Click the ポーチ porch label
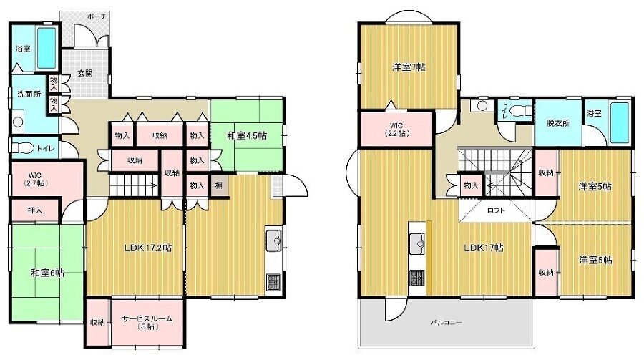coord(97,16)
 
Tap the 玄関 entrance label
coord(85,73)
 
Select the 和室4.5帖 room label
coord(247,135)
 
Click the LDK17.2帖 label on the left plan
coord(148,248)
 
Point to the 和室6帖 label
coord(48,273)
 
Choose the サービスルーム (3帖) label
coord(147,323)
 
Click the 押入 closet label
coord(35,210)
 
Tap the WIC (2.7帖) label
coord(35,179)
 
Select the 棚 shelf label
coord(218,185)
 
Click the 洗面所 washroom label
coord(29,94)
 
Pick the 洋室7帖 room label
coord(409,67)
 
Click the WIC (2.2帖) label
coord(396,130)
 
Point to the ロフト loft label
coord(496,210)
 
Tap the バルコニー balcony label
coord(446,323)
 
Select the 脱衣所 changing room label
coord(557,122)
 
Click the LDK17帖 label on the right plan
coord(484,248)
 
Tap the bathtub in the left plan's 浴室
coord(46,48)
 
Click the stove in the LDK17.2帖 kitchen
coord(273,282)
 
